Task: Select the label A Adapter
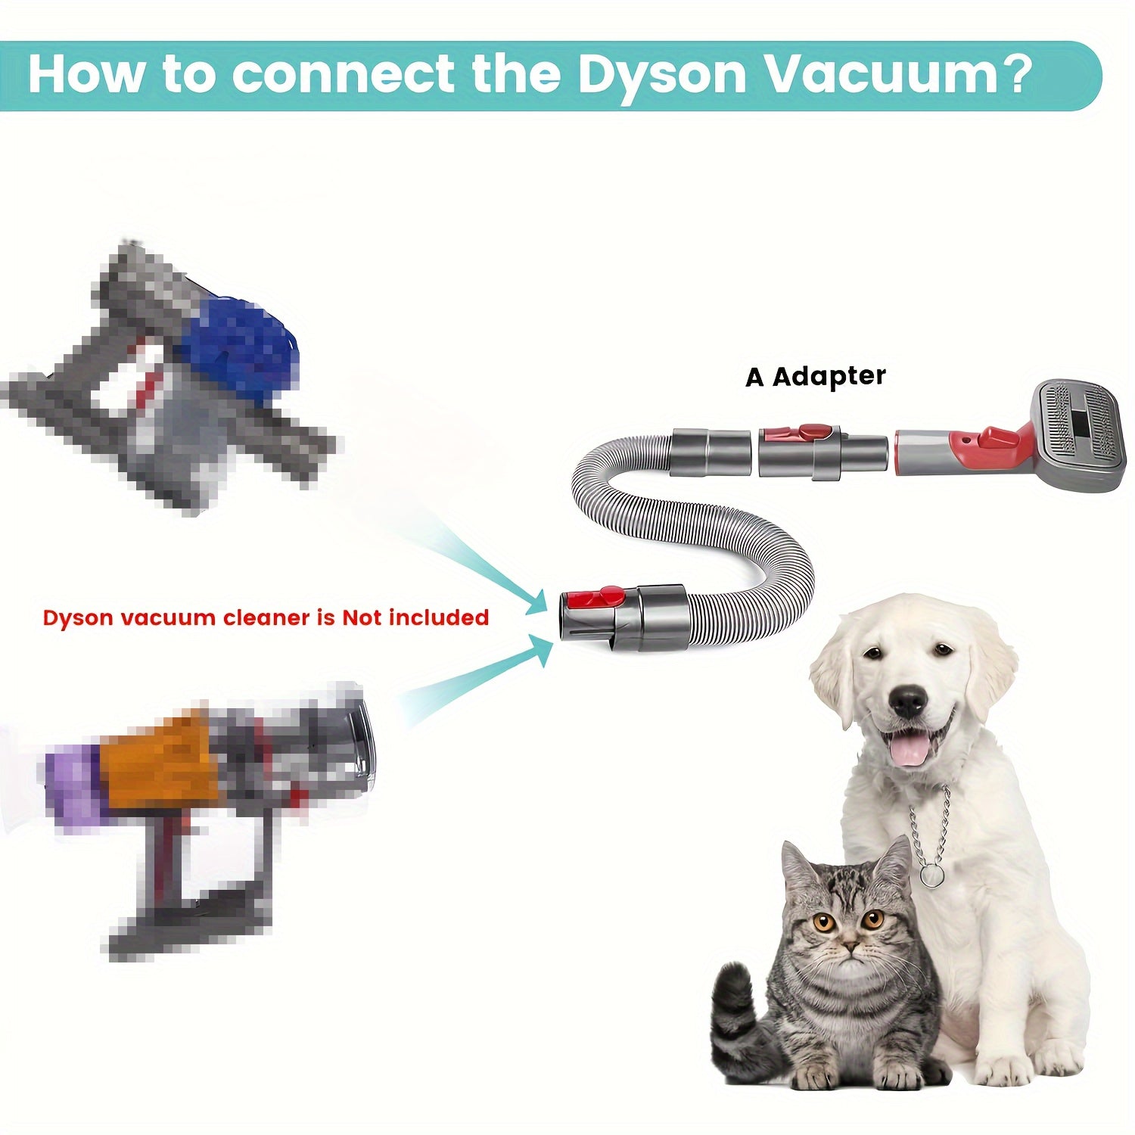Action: [815, 376]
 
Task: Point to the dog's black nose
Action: [908, 701]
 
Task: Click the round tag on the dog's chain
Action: [932, 875]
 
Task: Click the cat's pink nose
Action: [850, 947]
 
